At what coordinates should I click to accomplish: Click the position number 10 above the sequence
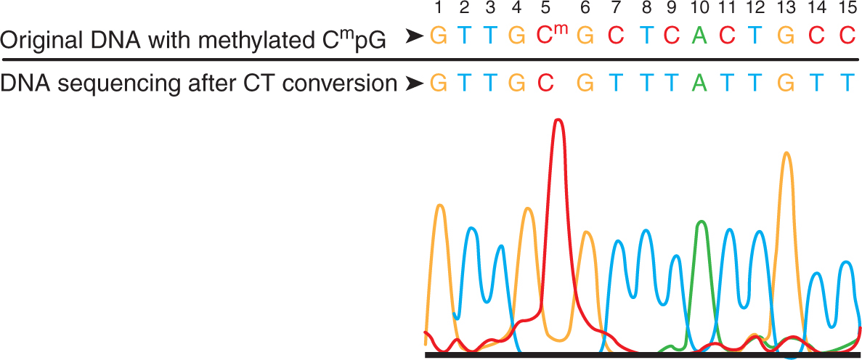(700, 8)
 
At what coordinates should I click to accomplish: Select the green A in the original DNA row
(700, 35)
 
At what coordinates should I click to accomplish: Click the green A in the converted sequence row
(700, 83)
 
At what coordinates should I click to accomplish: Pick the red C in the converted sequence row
(545, 83)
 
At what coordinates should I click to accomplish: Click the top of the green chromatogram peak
(701, 222)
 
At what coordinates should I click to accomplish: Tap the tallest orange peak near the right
(786, 153)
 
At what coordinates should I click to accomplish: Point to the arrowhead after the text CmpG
(414, 36)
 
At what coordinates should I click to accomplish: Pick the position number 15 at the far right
(846, 8)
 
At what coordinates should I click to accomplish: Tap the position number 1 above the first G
(438, 8)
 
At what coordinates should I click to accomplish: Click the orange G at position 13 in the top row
(786, 35)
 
